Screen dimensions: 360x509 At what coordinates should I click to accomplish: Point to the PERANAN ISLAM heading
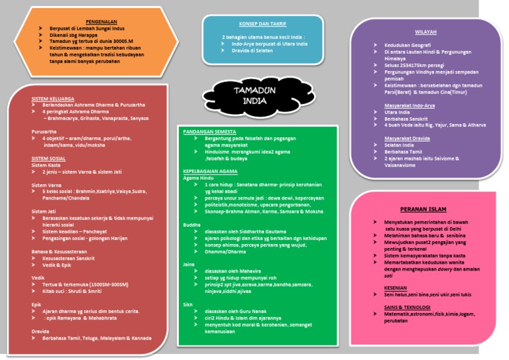click(422, 209)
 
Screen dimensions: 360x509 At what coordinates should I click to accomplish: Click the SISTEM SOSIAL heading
click(48, 158)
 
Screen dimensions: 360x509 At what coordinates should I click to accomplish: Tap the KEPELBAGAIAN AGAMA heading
click(211, 171)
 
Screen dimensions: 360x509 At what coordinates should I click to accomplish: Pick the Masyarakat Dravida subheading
click(406, 138)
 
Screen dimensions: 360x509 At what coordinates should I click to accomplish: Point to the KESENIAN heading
click(396, 288)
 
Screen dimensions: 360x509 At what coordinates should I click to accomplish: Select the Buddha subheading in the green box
click(192, 225)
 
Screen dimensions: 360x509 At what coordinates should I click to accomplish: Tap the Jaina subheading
click(190, 264)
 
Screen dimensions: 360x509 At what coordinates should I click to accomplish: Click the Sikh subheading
click(189, 304)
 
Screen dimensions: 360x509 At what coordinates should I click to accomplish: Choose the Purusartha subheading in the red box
click(44, 131)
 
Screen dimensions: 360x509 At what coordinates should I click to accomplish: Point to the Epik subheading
click(36, 304)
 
